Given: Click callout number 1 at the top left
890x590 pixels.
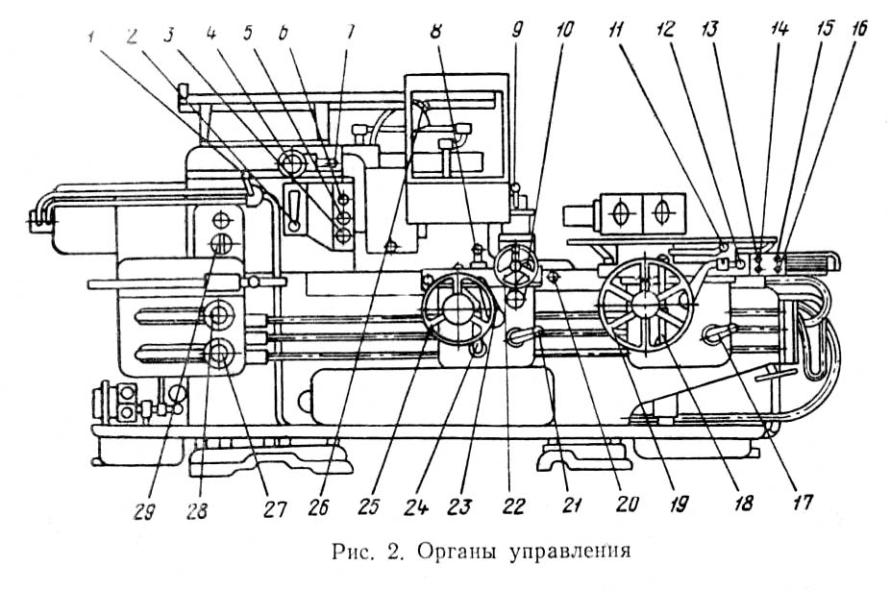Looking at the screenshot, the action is pos(90,38).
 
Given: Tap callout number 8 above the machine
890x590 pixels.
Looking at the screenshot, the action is pos(435,31).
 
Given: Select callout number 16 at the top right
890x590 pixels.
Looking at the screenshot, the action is pos(859,30).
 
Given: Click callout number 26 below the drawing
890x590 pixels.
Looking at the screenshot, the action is pos(319,507).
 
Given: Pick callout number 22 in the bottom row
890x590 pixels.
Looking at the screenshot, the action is pos(513,506).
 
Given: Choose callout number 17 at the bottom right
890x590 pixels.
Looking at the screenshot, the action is pos(803,502).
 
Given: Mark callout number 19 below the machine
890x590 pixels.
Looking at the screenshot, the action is pos(679,503).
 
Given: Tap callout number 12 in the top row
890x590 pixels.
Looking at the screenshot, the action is pos(665,30).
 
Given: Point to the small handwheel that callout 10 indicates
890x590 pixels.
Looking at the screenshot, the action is pos(516,265).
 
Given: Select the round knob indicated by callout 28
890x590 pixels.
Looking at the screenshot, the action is pos(220,315).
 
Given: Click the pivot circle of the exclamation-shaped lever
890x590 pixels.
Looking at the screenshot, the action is pos(293,225).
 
